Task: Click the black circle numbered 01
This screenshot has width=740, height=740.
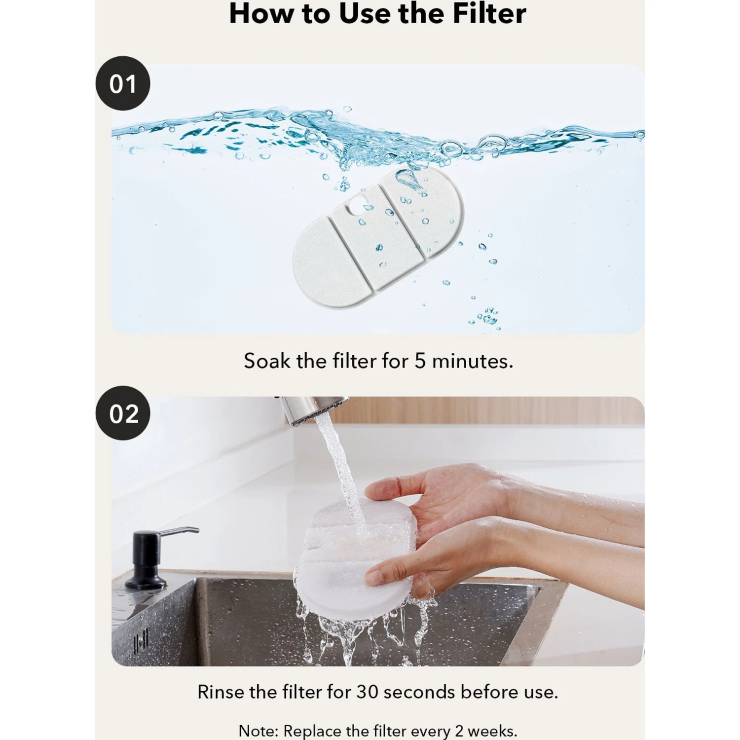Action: point(122,83)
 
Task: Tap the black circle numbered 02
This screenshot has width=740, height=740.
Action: point(122,413)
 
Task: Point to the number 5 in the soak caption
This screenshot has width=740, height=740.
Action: point(420,361)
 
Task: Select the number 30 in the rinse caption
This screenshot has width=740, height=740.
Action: point(367,692)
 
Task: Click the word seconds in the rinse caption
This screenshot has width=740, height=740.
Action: point(419,692)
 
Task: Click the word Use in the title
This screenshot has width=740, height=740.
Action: point(367,13)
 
